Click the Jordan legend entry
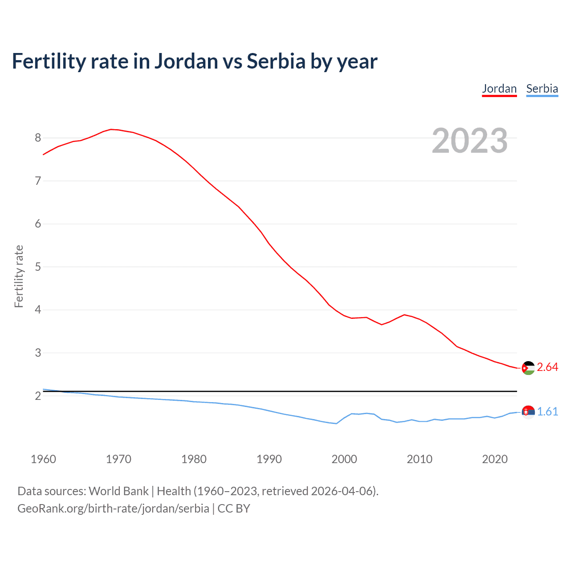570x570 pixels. click(499, 89)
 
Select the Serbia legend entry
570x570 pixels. click(542, 89)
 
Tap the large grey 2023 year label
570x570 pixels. click(470, 141)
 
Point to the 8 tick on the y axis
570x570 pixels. click(38, 138)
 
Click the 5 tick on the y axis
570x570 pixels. click(38, 267)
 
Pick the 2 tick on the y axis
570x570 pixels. click(38, 396)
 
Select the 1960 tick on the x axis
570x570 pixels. click(43, 459)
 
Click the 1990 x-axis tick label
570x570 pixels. click(269, 459)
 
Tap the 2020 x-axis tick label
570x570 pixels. click(495, 459)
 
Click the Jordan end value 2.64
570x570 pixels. click(547, 367)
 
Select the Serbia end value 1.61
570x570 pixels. click(547, 412)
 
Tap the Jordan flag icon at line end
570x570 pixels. click(528, 368)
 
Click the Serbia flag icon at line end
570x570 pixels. click(528, 412)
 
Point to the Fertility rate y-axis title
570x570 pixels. click(19, 276)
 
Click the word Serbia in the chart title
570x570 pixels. click(276, 61)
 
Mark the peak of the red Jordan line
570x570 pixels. click(111, 129)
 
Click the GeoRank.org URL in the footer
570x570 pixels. click(113, 509)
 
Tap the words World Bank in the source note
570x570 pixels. click(118, 491)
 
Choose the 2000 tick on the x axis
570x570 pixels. click(344, 459)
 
